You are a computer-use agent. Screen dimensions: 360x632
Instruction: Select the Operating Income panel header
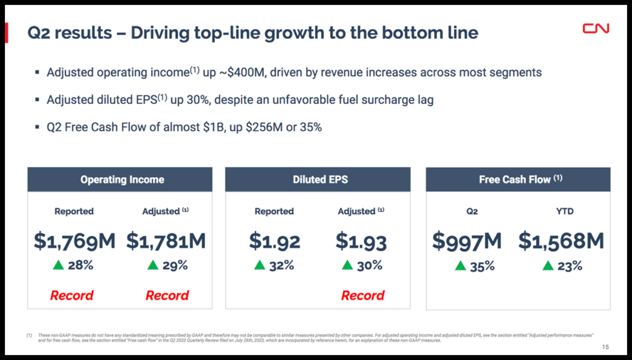(x=122, y=180)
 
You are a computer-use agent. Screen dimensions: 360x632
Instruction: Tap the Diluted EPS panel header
(x=320, y=180)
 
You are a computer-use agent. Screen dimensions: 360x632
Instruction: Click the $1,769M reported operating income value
(x=74, y=241)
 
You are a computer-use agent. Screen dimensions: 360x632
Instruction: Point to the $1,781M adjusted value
(x=166, y=241)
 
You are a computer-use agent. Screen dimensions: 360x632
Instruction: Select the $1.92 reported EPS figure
(x=275, y=241)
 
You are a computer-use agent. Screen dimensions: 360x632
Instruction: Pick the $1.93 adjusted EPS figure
(x=361, y=241)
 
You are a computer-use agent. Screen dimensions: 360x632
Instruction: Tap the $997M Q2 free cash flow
(x=467, y=241)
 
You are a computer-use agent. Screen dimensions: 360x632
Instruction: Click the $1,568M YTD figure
(x=561, y=241)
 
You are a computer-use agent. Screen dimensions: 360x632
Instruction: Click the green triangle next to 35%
(x=460, y=266)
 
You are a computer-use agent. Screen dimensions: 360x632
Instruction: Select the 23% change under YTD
(x=570, y=266)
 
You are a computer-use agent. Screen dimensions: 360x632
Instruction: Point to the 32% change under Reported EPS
(x=281, y=266)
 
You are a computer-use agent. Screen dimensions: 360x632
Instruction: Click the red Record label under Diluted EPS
(x=363, y=296)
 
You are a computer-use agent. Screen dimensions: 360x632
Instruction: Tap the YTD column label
(x=564, y=211)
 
